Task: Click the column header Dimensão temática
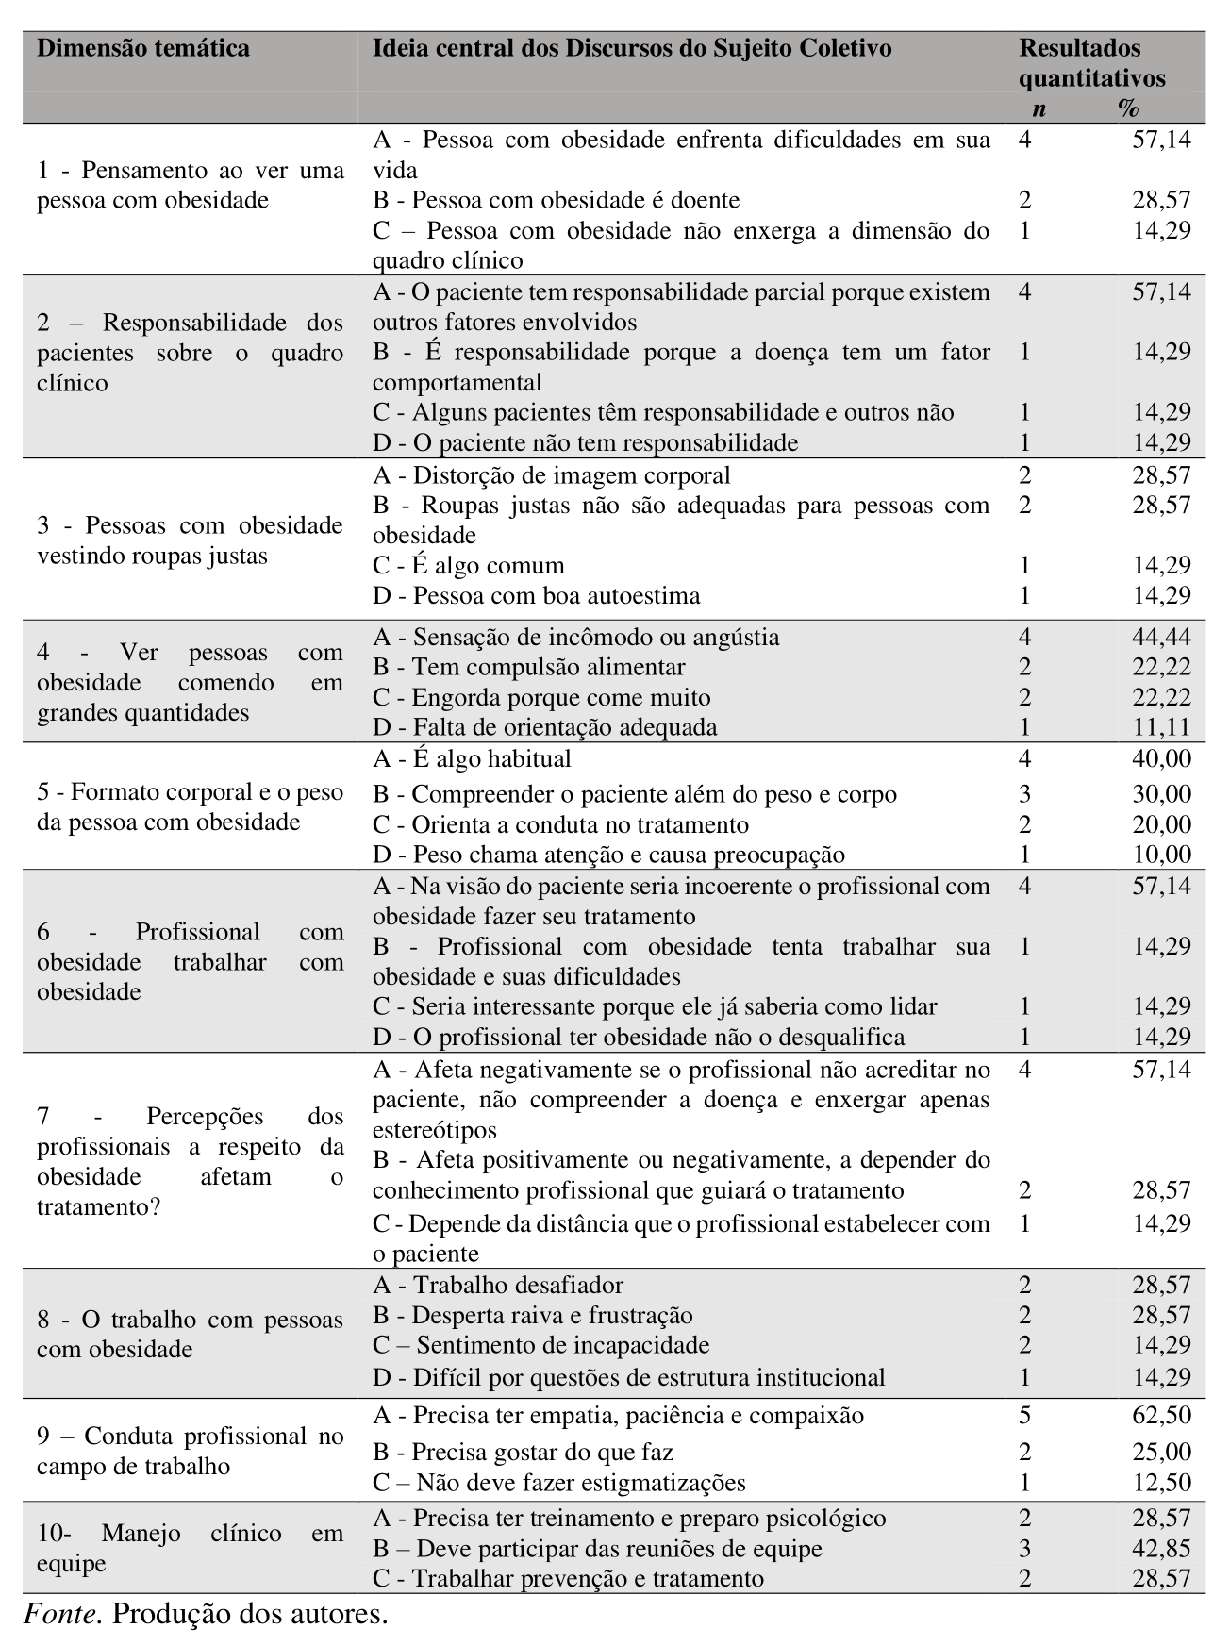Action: (x=143, y=48)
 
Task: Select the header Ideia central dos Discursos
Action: (x=632, y=48)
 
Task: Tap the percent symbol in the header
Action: (x=1128, y=108)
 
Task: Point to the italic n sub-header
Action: (x=1039, y=108)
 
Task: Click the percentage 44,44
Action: (x=1161, y=638)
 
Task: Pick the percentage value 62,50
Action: (x=1161, y=1416)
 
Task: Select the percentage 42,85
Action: (x=1161, y=1549)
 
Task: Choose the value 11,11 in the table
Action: (x=1161, y=727)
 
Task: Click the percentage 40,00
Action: (x=1161, y=759)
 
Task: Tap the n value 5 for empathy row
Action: (x=1025, y=1416)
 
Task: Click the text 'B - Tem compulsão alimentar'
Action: (x=529, y=668)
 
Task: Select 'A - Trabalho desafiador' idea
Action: (x=498, y=1286)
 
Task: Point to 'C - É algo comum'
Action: (x=469, y=566)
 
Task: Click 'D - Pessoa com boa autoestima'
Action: (x=537, y=596)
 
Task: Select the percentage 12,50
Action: (x=1161, y=1483)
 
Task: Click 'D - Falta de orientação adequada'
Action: (x=545, y=727)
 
